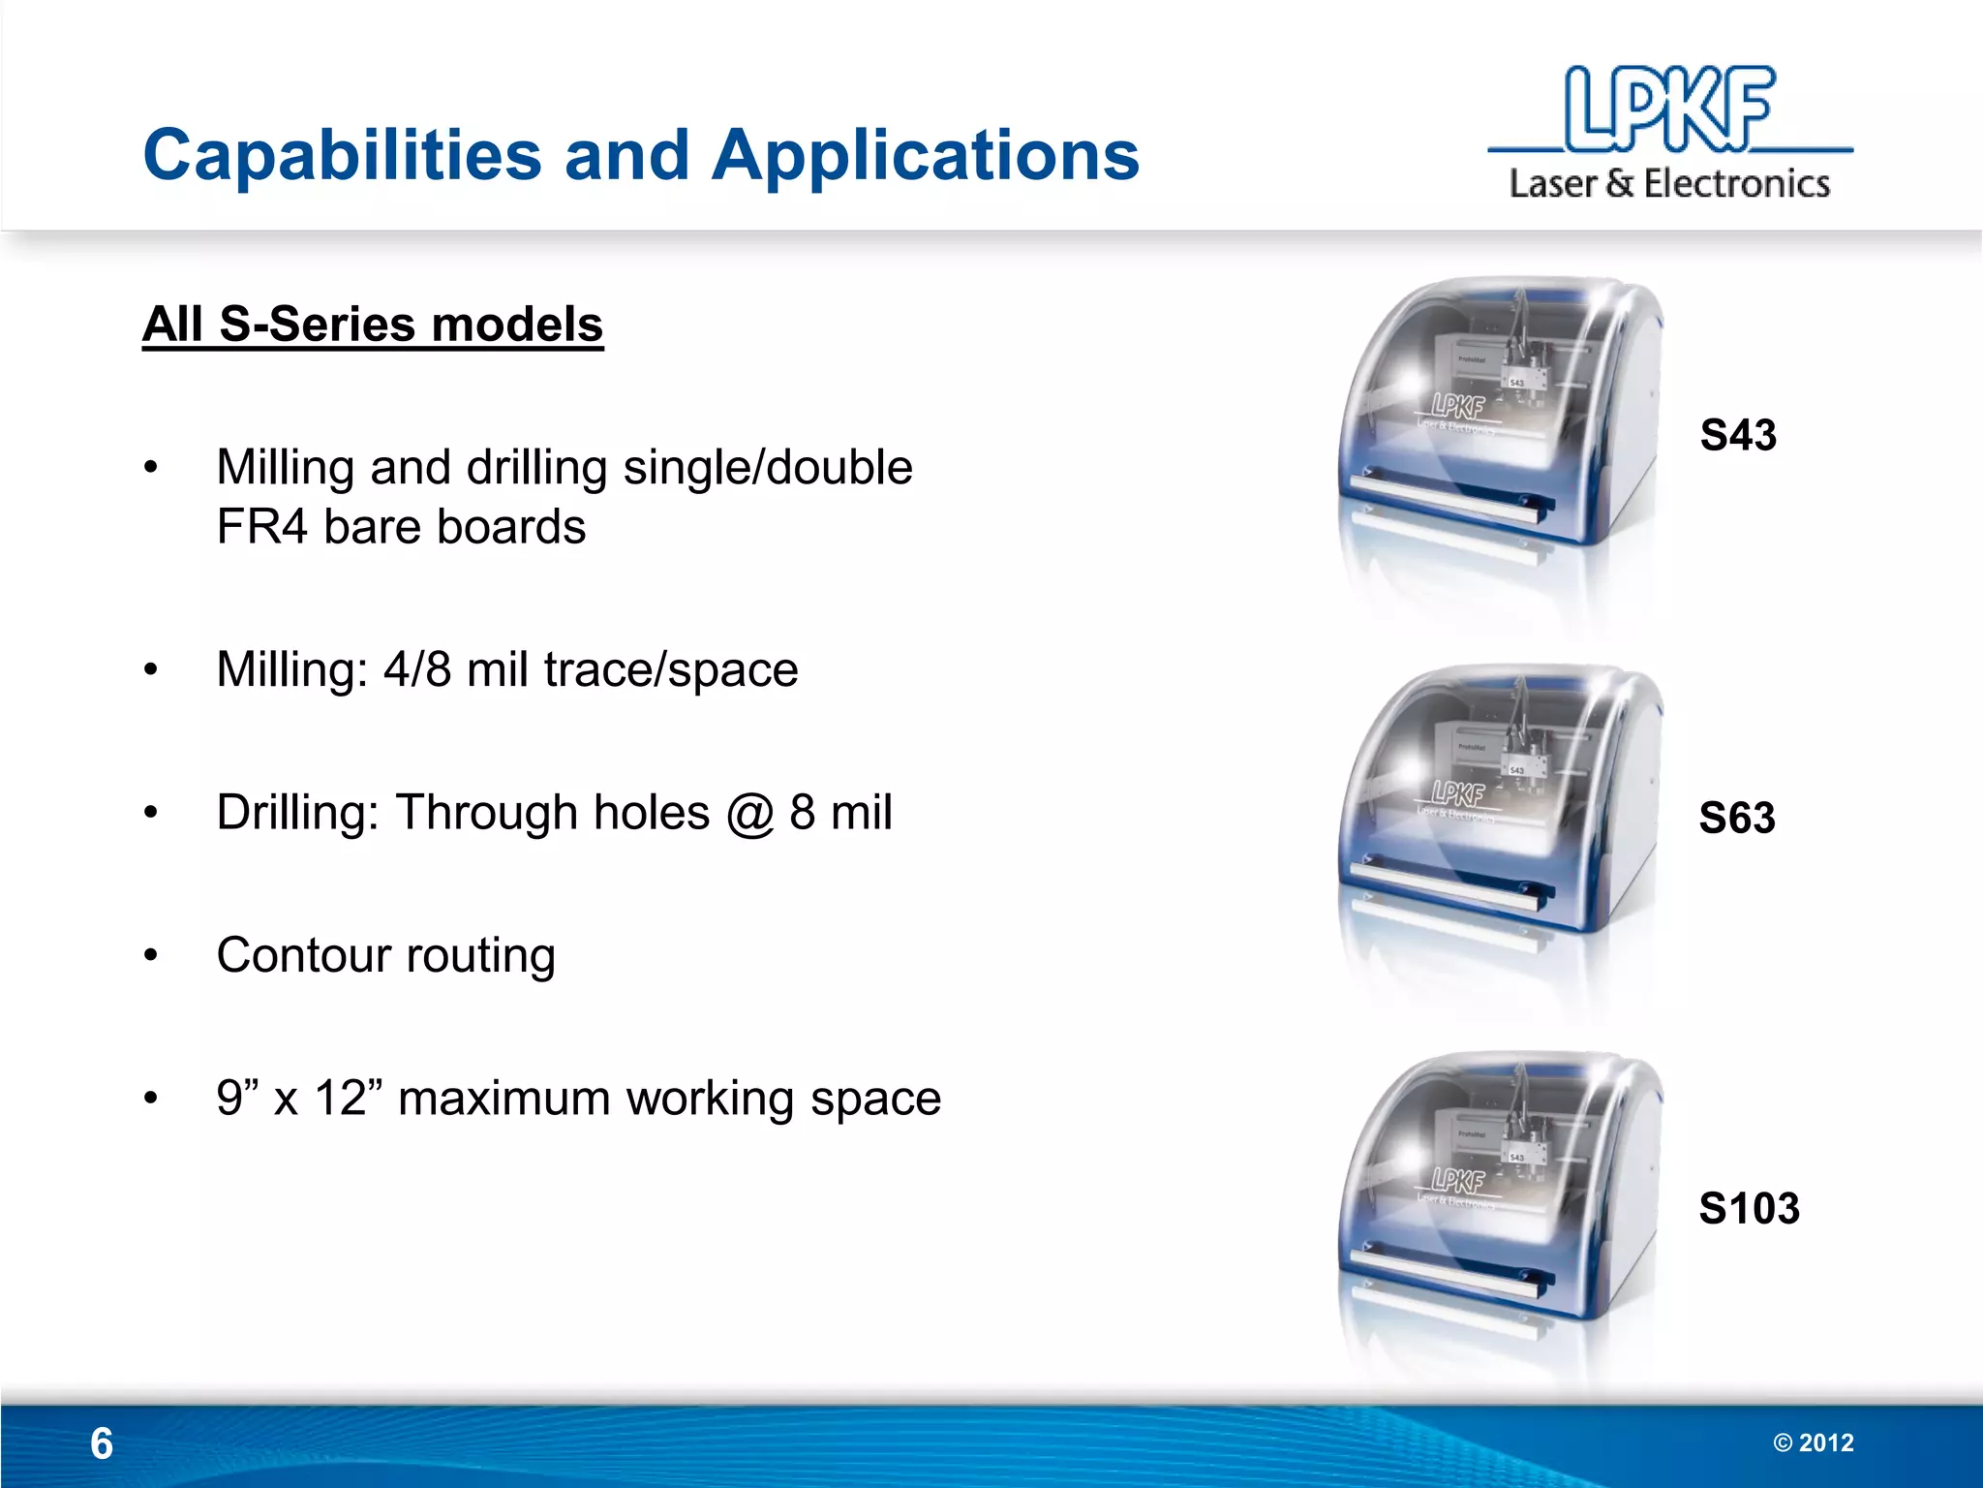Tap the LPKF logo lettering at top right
(x=1670, y=108)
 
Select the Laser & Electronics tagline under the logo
(x=1669, y=183)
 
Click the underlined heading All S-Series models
(x=373, y=324)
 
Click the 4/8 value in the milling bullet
(x=417, y=669)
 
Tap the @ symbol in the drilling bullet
(x=749, y=813)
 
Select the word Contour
(x=304, y=955)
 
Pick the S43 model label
(x=1738, y=435)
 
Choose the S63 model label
(x=1737, y=819)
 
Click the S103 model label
(x=1749, y=1208)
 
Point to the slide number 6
(x=102, y=1443)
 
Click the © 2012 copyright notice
(x=1813, y=1442)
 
